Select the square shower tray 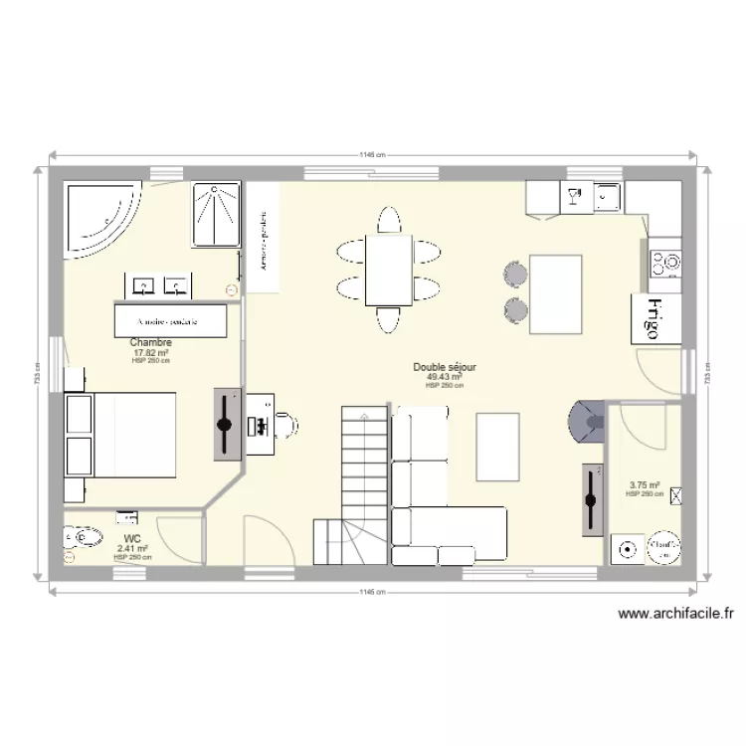pos(215,213)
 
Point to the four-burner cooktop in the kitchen pos(664,263)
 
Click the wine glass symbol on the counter pos(573,197)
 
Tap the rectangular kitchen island pos(556,294)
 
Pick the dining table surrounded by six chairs pos(388,269)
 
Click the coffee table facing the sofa pos(498,446)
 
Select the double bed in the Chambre pos(121,447)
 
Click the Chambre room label pos(150,343)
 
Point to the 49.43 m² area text pos(444,377)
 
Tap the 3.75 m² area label pos(644,486)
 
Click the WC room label pos(131,538)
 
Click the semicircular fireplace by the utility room pos(585,422)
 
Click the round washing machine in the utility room pos(628,547)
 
